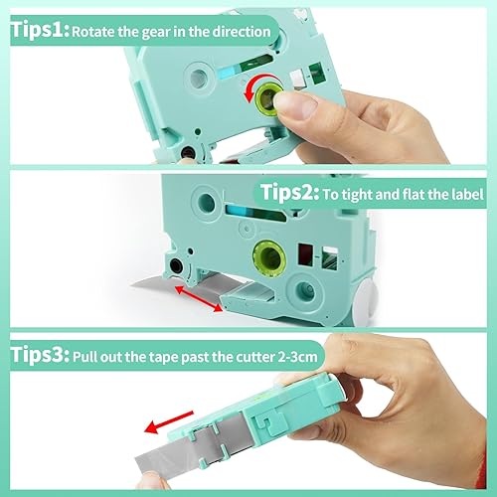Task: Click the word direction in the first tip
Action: (x=238, y=33)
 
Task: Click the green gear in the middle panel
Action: (x=269, y=255)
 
